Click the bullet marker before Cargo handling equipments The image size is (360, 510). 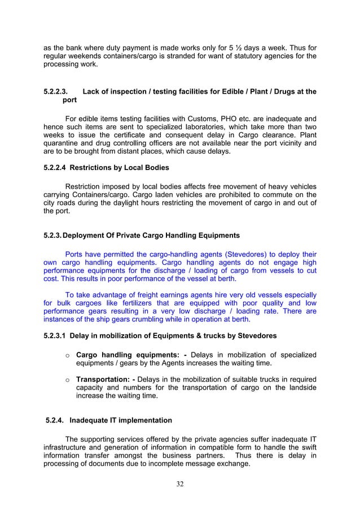[67, 354]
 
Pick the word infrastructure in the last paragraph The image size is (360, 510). [69, 446]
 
